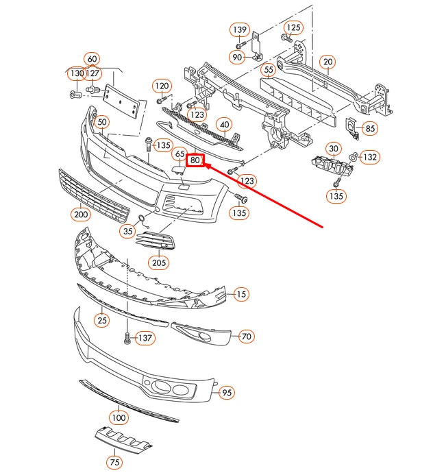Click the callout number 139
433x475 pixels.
pos(238,29)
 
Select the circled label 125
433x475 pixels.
pos(293,27)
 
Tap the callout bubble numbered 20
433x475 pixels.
pos(327,62)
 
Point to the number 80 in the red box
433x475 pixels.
pos(196,160)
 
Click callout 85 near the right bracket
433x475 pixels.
pos(370,127)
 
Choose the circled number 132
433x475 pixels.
pos(370,157)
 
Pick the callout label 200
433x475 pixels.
pos(80,214)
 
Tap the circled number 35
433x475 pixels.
pos(128,232)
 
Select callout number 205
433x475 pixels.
pos(159,263)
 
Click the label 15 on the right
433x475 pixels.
pos(240,294)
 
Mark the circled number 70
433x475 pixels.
pos(246,336)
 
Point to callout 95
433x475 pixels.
pos(227,393)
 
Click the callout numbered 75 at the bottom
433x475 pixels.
pos(114,463)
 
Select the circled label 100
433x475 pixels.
pos(119,417)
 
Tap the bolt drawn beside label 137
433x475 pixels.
pos(126,338)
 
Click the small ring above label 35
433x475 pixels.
pos(142,220)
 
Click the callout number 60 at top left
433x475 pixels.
pos(92,59)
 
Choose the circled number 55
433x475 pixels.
pos(269,69)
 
